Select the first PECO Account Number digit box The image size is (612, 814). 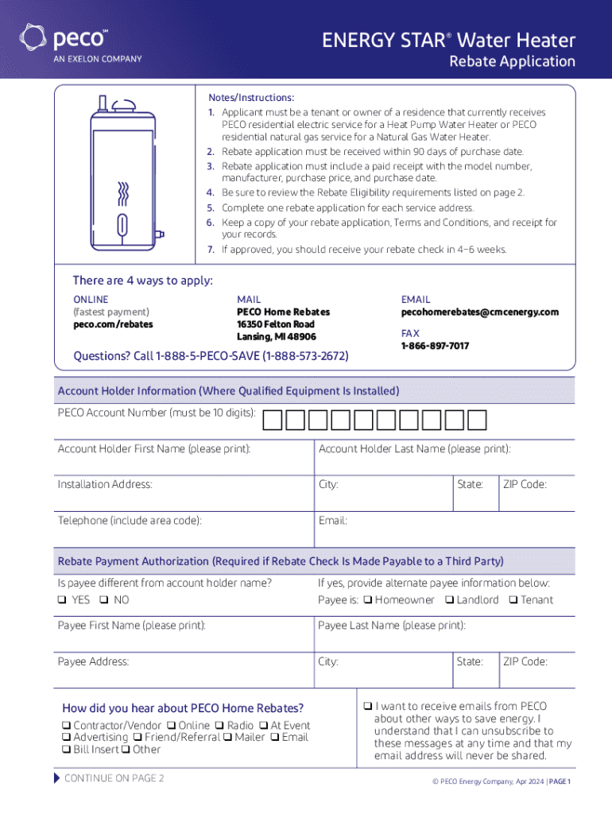(x=272, y=420)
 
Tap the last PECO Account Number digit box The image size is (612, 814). (x=477, y=420)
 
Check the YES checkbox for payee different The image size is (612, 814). (x=62, y=600)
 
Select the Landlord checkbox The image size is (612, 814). (x=449, y=600)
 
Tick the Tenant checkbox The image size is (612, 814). (x=513, y=600)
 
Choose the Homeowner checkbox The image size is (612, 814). (x=368, y=600)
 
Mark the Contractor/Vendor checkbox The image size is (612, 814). (x=66, y=726)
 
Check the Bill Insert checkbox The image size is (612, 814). (x=66, y=750)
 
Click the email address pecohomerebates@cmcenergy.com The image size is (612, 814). (x=479, y=312)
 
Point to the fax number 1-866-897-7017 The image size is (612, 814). (x=435, y=346)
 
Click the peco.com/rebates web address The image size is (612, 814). (x=113, y=324)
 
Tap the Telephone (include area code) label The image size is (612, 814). (x=129, y=521)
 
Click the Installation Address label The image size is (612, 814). (x=105, y=484)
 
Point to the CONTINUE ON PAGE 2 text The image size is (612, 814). (x=114, y=778)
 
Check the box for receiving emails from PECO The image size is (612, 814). (x=368, y=706)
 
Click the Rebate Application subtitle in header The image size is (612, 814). (x=512, y=61)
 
